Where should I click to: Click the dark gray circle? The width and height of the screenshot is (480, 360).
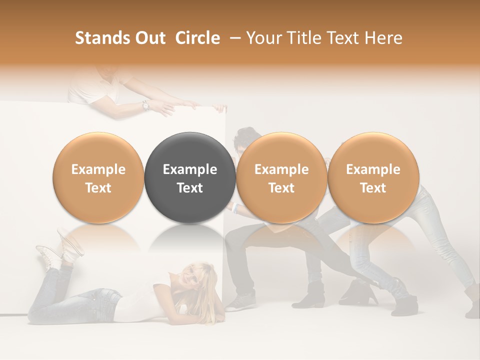tap(190, 178)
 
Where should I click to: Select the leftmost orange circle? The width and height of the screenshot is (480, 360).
tap(98, 178)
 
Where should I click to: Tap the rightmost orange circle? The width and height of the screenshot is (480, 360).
tap(373, 178)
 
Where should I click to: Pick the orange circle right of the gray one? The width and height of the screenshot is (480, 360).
tap(281, 178)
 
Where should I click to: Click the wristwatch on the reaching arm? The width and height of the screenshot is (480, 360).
tap(145, 105)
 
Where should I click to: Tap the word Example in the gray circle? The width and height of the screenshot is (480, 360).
tap(190, 169)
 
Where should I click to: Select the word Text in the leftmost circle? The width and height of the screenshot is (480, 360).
tap(98, 188)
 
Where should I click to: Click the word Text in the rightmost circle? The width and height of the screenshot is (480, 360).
tap(373, 188)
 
